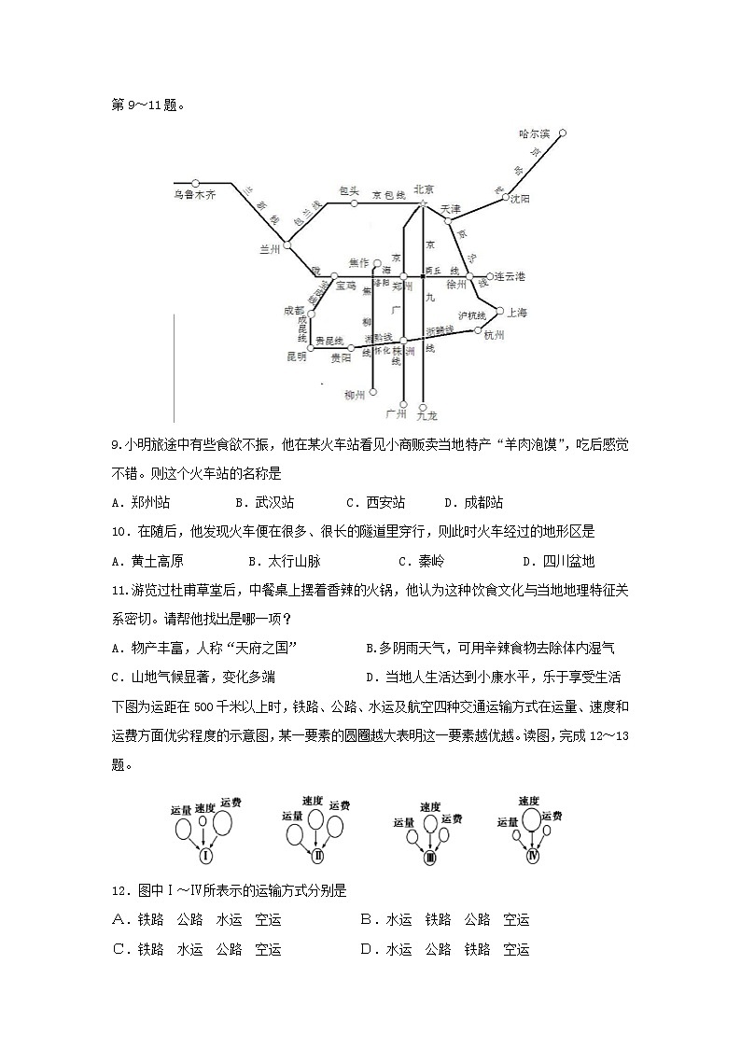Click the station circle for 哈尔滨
coord(563,133)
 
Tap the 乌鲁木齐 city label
coord(194,195)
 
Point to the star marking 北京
coord(423,203)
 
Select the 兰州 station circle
coord(287,247)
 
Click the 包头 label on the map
coord(349,190)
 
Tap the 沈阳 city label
coord(519,199)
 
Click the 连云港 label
coord(510,276)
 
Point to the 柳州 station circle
coord(372,392)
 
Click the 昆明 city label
coord(296,356)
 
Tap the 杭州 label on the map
coord(495,336)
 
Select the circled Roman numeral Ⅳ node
coord(533,855)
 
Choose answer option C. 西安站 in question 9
coord(375,502)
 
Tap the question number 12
coord(119,890)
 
